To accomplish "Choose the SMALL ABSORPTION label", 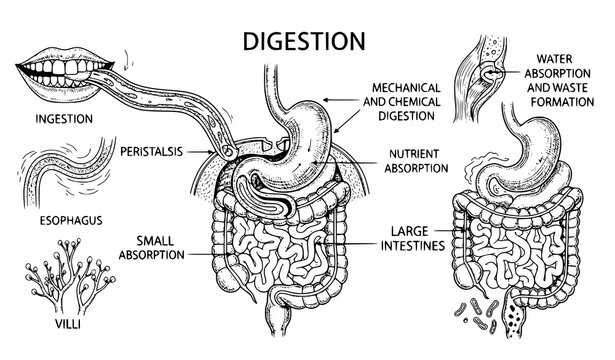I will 149,247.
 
